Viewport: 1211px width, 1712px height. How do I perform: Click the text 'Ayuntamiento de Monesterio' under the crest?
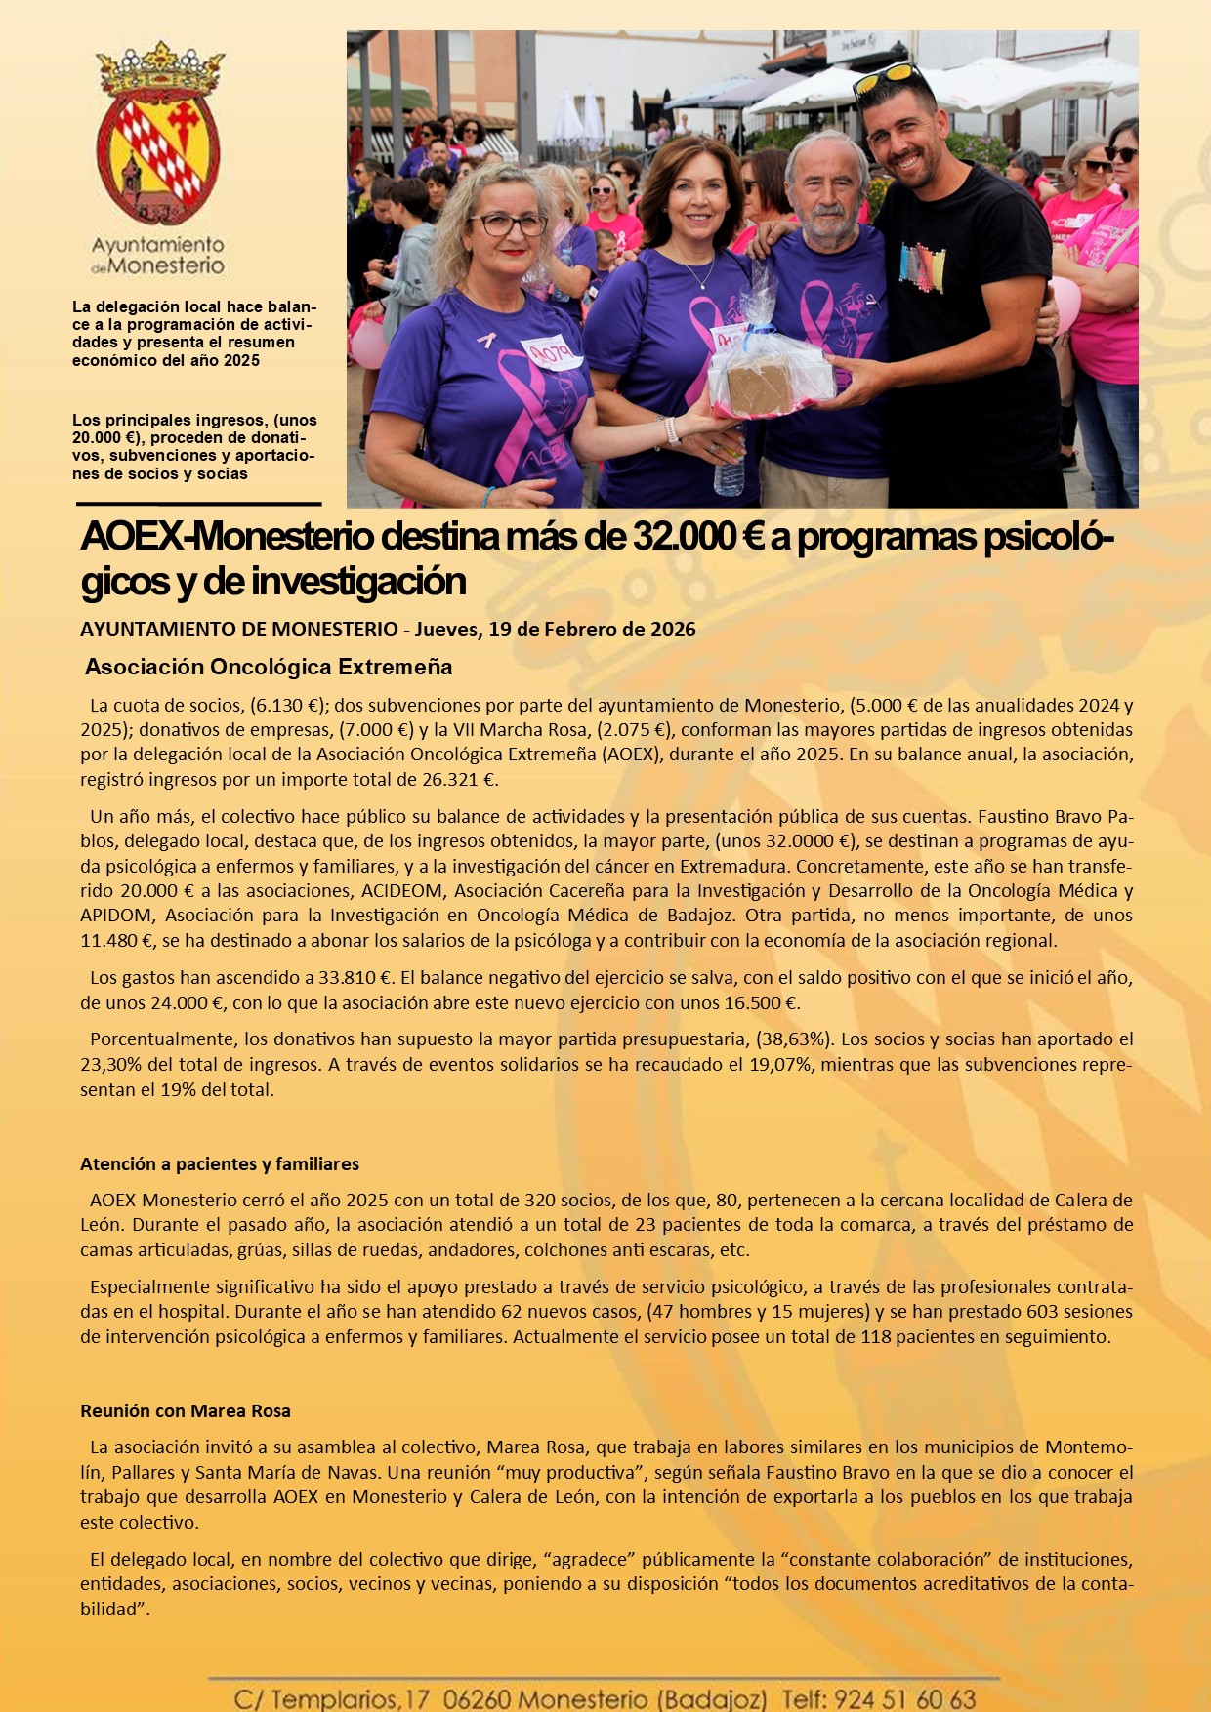158,255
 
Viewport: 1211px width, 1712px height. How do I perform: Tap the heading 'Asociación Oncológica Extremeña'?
269,668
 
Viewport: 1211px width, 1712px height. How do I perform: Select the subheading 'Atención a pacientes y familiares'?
220,1164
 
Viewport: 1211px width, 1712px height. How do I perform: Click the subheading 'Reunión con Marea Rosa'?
186,1411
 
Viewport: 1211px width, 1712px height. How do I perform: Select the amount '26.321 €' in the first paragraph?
464,780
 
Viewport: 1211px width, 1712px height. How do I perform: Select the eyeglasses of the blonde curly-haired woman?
508,224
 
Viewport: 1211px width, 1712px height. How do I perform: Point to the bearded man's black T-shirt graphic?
923,266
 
